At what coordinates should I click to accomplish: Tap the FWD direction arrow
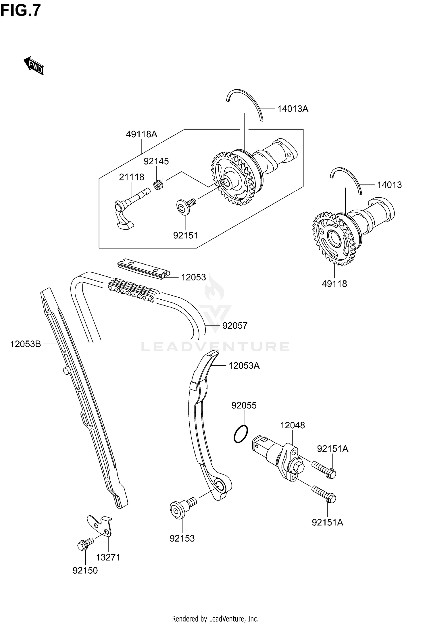tap(34, 66)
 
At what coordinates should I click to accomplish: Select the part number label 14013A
tap(293, 109)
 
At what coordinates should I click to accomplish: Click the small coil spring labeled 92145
tap(158, 184)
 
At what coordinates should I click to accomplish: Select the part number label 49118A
tap(141, 134)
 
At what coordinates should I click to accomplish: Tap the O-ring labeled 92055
tap(240, 434)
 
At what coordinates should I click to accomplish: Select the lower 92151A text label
tap(327, 522)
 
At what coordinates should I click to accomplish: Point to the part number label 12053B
tap(26, 344)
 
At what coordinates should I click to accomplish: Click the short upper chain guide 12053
tap(143, 268)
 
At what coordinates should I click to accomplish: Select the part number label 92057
tap(234, 326)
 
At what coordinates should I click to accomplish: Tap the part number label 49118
tap(334, 284)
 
